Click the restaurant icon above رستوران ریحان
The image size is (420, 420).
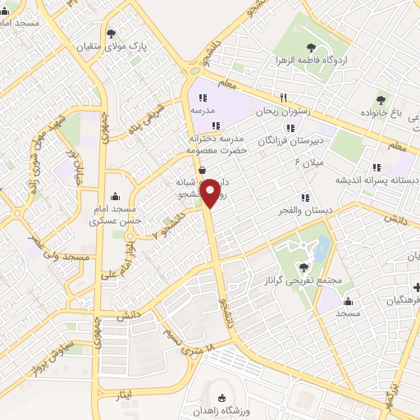tap(283, 95)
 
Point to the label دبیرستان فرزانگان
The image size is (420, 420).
tap(286, 141)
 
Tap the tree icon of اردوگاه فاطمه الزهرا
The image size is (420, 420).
tap(310, 48)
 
